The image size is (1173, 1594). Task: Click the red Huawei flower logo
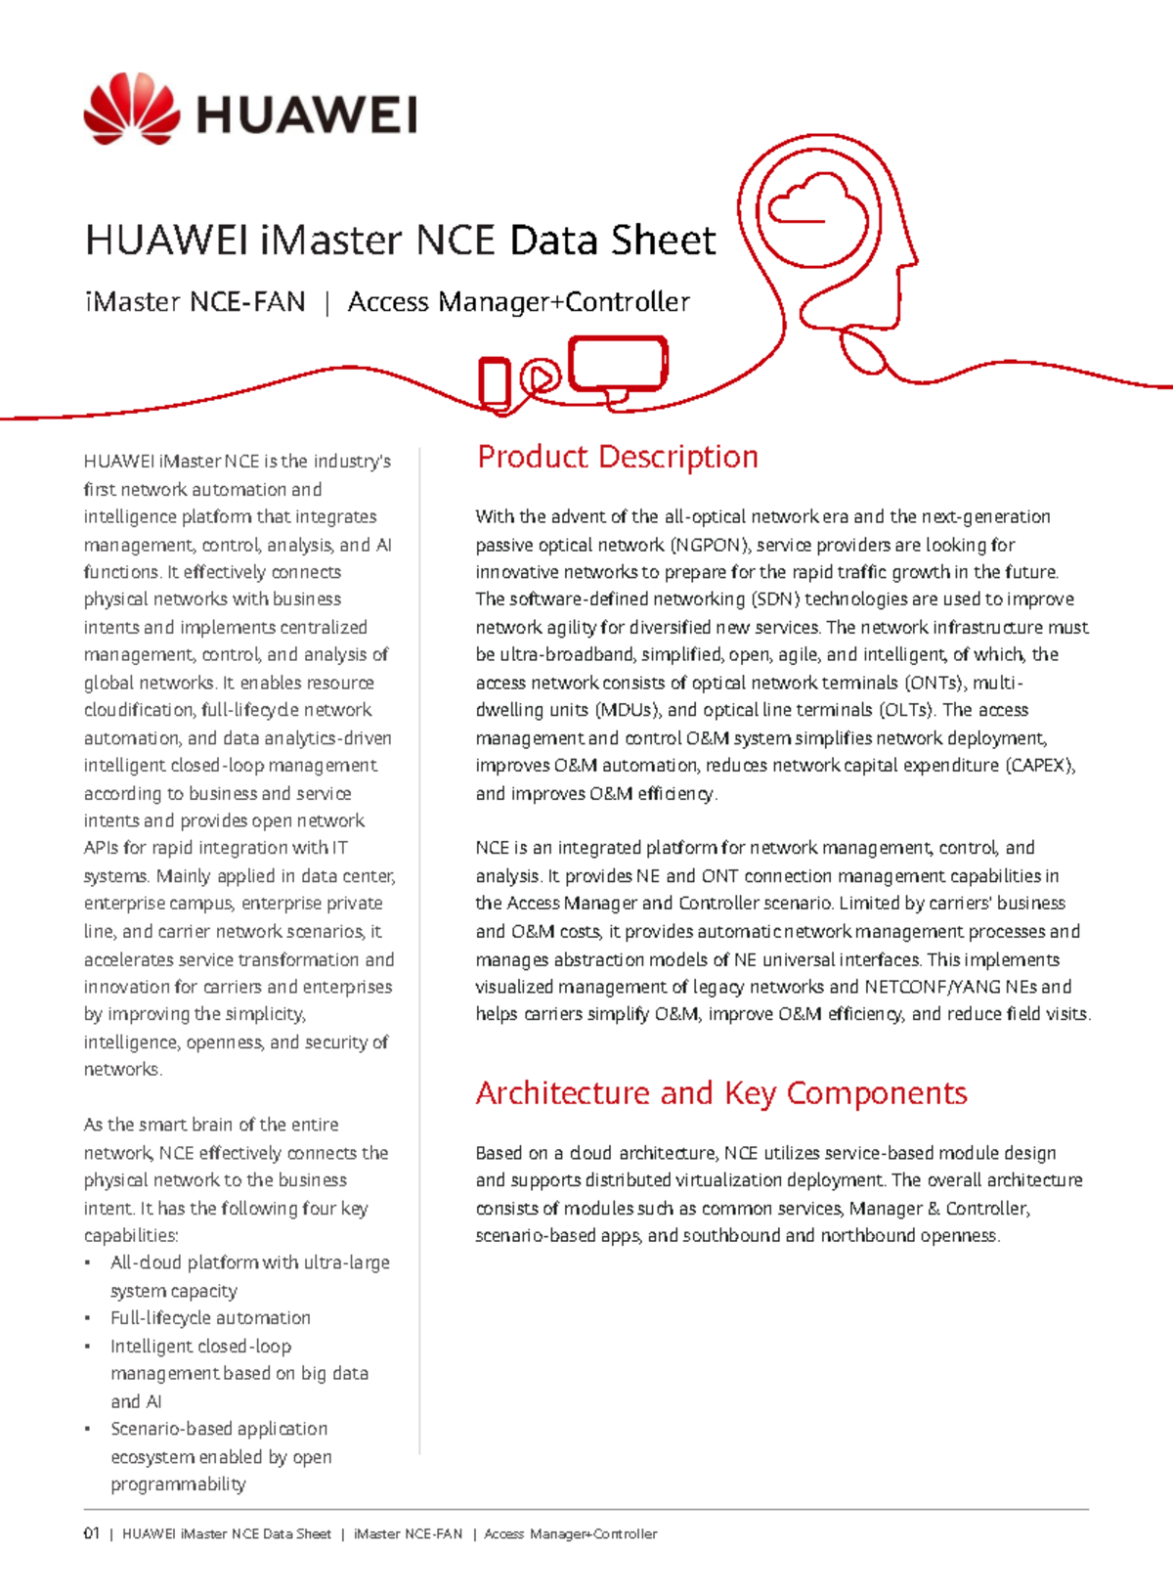point(132,110)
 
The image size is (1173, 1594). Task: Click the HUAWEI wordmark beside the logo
point(307,115)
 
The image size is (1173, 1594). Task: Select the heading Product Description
point(617,457)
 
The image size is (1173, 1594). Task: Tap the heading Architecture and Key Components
point(720,1092)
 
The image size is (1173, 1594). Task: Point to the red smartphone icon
point(494,381)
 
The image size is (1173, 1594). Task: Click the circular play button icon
point(541,376)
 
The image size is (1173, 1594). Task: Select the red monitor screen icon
point(618,364)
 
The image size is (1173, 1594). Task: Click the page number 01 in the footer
point(92,1533)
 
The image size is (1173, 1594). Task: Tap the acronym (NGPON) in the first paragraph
point(710,545)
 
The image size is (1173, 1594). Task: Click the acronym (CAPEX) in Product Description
point(1040,766)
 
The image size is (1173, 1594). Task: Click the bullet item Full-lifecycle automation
point(210,1318)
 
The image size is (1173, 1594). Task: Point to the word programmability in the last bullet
point(178,1484)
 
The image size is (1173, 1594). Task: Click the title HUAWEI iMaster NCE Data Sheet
point(401,241)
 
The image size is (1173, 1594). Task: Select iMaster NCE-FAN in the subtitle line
point(195,302)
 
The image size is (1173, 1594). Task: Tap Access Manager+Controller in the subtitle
point(518,302)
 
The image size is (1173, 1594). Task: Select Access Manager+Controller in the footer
point(570,1533)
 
